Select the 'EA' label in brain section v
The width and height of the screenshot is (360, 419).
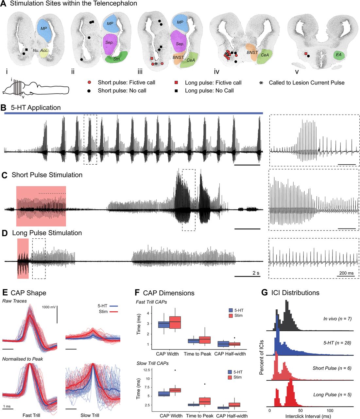(x=338, y=55)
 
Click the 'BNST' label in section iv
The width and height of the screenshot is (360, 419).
(x=252, y=52)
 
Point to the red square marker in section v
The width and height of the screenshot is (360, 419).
(x=306, y=54)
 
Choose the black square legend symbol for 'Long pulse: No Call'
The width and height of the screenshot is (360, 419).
(x=177, y=91)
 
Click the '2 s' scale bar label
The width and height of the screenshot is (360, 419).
(x=256, y=273)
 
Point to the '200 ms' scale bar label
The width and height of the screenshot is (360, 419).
(x=345, y=273)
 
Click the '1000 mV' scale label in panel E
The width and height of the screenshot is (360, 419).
(x=49, y=307)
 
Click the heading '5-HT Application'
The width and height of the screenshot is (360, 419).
(x=36, y=108)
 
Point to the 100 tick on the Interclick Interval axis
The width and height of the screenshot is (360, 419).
(x=330, y=410)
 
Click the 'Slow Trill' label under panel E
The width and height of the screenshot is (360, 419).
(x=90, y=415)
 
